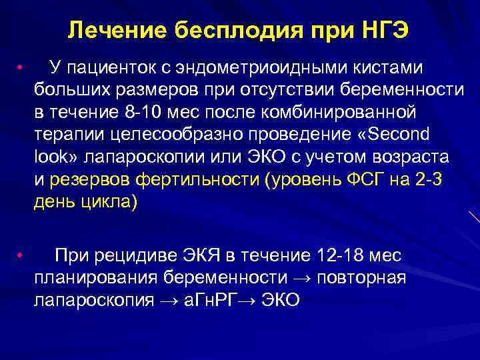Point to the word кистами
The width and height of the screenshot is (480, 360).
[x=389, y=67]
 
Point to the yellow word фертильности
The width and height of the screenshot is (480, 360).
[x=199, y=179]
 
